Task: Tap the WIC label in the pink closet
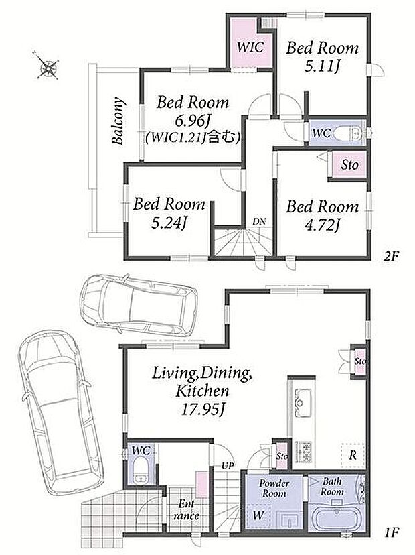(250, 46)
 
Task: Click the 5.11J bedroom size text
(322, 66)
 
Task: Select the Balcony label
(118, 121)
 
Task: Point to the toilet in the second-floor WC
(347, 133)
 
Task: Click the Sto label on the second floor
(349, 164)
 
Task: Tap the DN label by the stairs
(259, 222)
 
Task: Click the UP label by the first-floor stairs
(228, 466)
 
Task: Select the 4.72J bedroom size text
(322, 224)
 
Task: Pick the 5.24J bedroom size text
(169, 223)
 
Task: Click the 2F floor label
(391, 256)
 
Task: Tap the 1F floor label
(391, 532)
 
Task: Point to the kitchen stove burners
(304, 451)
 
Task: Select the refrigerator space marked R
(353, 455)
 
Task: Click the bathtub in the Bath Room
(335, 519)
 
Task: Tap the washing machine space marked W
(258, 515)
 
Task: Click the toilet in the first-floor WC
(141, 470)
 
